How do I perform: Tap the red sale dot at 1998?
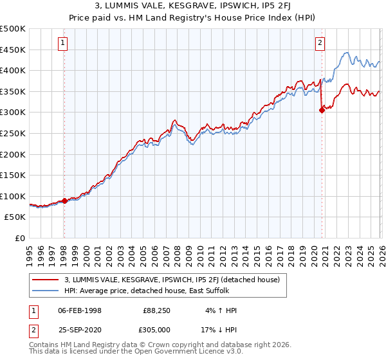(64, 201)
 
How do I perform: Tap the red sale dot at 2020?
(322, 110)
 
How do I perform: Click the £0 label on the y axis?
(19, 238)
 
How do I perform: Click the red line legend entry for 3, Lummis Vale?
(172, 280)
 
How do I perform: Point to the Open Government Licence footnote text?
(129, 353)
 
